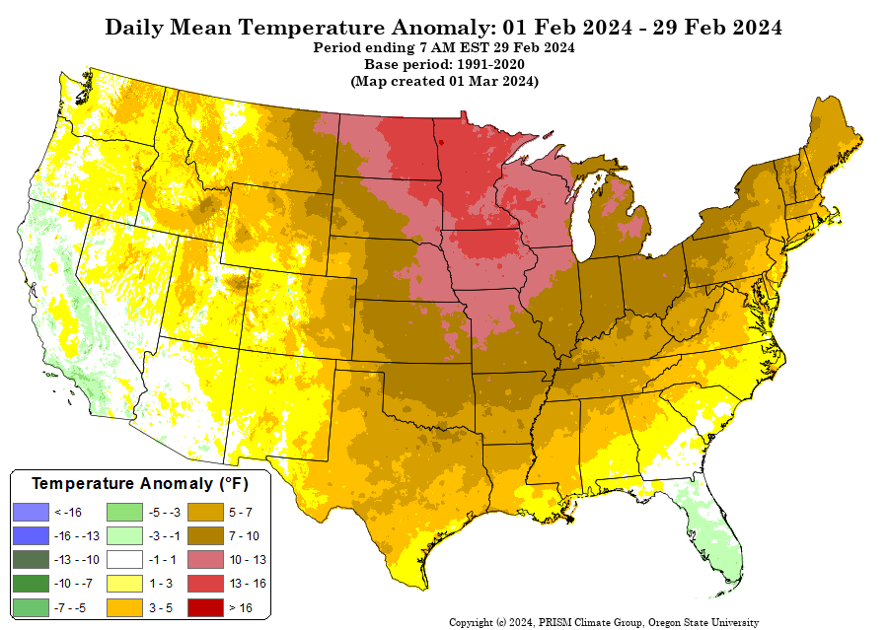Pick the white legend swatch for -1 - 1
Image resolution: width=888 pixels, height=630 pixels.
(124, 560)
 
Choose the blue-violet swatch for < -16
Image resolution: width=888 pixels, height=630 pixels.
(32, 513)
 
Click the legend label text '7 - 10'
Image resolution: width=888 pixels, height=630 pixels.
(244, 536)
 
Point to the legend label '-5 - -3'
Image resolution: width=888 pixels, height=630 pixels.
(164, 513)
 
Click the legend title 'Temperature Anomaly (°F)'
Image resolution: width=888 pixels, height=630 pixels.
(140, 483)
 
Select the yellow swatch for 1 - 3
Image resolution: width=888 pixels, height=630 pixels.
(124, 584)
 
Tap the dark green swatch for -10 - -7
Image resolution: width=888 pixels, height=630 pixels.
(32, 584)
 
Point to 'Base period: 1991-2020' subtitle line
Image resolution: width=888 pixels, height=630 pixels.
(444, 64)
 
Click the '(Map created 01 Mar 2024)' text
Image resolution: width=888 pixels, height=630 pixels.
(444, 81)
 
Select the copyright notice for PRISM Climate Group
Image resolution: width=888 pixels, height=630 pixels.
(604, 623)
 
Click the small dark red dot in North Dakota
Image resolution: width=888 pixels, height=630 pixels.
(441, 143)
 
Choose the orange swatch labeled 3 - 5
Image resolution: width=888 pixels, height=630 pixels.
(124, 607)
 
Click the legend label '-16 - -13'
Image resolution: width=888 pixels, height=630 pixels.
(76, 536)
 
